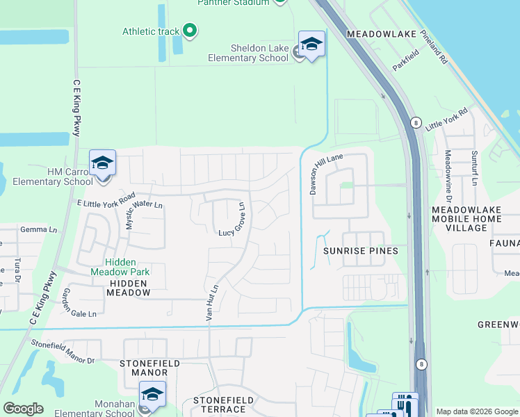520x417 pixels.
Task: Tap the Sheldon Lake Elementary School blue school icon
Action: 311,44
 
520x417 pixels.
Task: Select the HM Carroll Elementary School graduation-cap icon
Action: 102,163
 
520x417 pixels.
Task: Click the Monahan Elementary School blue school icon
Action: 152,395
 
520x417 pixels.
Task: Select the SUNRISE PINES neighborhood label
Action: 360,251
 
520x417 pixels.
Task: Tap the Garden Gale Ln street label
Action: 78,304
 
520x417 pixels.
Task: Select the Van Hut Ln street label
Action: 211,302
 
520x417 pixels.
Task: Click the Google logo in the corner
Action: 23,408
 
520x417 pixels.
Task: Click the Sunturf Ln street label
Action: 475,168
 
